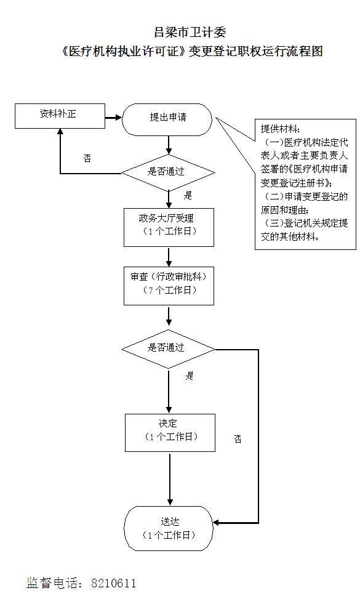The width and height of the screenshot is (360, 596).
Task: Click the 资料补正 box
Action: point(60,116)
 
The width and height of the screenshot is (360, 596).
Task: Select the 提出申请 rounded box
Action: point(167,119)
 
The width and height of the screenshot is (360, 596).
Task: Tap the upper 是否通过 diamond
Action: point(168,172)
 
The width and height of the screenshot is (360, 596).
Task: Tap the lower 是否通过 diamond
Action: point(168,349)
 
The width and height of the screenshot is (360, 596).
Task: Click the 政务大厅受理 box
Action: point(169,227)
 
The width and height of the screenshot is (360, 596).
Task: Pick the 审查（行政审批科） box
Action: point(169,286)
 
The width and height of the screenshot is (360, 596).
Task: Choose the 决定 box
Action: point(170,433)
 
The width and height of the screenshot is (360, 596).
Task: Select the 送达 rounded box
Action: point(169,529)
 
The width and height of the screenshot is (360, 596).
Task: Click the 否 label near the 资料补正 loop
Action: point(87,158)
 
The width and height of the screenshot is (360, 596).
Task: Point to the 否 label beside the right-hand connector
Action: point(238,439)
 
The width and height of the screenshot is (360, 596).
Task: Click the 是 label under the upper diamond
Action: point(188,195)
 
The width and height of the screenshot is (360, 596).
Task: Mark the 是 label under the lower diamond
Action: point(190,376)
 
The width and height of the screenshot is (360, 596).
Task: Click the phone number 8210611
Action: point(113,582)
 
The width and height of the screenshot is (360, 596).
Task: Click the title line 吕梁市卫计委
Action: point(190,32)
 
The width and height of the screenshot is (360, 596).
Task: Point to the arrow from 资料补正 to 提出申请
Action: point(114,118)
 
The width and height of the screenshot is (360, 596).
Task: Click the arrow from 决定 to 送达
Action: point(170,479)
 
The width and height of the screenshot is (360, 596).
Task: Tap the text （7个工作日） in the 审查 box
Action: point(169,291)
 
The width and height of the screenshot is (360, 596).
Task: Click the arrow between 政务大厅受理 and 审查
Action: point(169,257)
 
